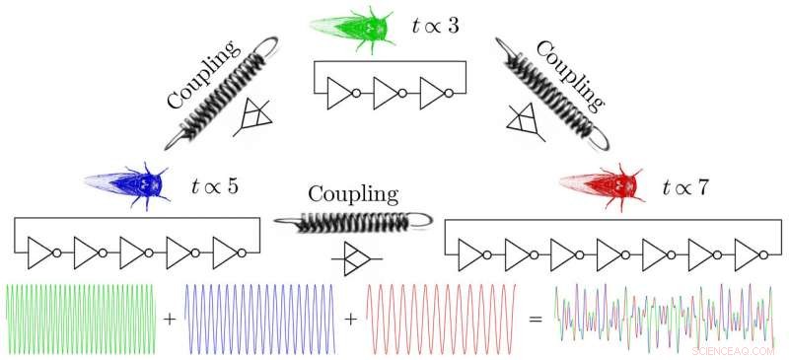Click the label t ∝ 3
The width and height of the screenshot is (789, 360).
[x=434, y=27]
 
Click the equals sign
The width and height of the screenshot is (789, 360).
[x=538, y=321]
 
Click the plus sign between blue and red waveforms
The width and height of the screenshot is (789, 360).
[x=352, y=321]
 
